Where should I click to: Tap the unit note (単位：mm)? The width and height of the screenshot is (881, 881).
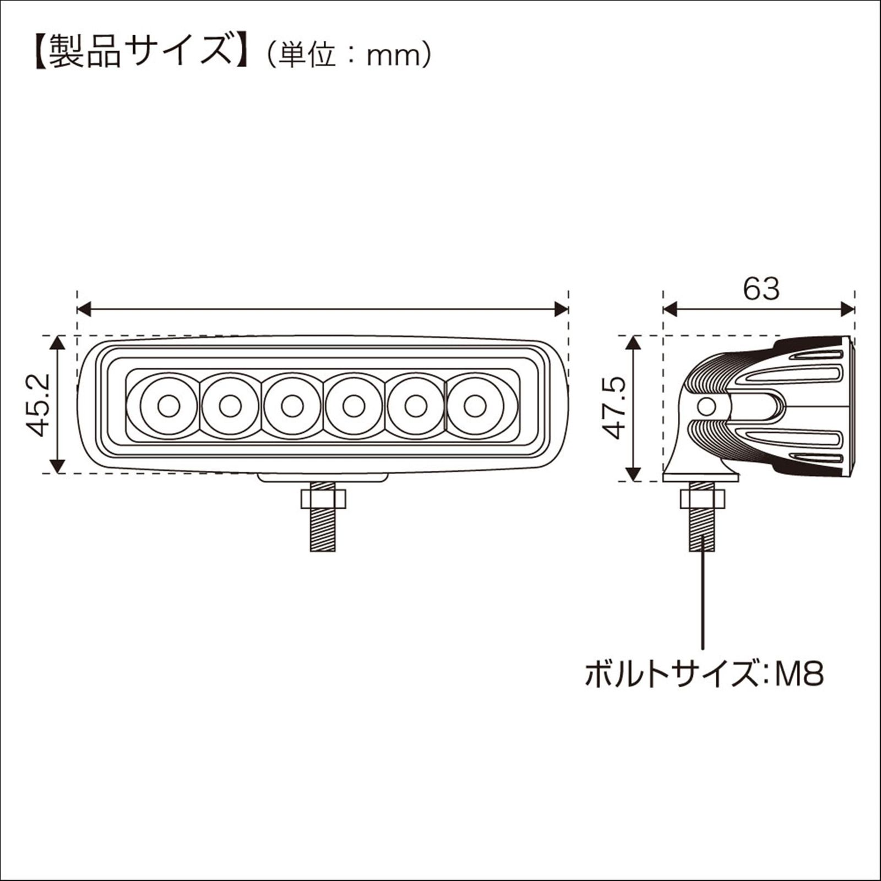pos(348,55)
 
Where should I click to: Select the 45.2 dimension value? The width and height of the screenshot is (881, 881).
pos(39,405)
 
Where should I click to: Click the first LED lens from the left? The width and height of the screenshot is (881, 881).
pos(168,406)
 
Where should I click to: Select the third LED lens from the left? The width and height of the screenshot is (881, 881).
pos(291,406)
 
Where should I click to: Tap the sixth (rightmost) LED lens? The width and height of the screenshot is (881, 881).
pos(475,406)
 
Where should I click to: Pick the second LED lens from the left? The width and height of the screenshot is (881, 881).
pos(230,406)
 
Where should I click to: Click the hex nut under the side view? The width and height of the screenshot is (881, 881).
pos(702,499)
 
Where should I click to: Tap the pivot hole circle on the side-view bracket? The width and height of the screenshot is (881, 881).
pos(705,407)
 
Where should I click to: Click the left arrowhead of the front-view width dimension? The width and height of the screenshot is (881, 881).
pos(84,309)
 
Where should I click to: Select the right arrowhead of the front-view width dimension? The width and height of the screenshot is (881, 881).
pos(561,309)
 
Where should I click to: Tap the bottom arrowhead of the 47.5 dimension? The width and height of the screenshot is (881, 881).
pos(634,473)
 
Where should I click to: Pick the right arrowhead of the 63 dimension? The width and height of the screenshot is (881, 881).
pos(847,309)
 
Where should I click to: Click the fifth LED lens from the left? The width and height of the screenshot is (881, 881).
pos(415,406)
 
